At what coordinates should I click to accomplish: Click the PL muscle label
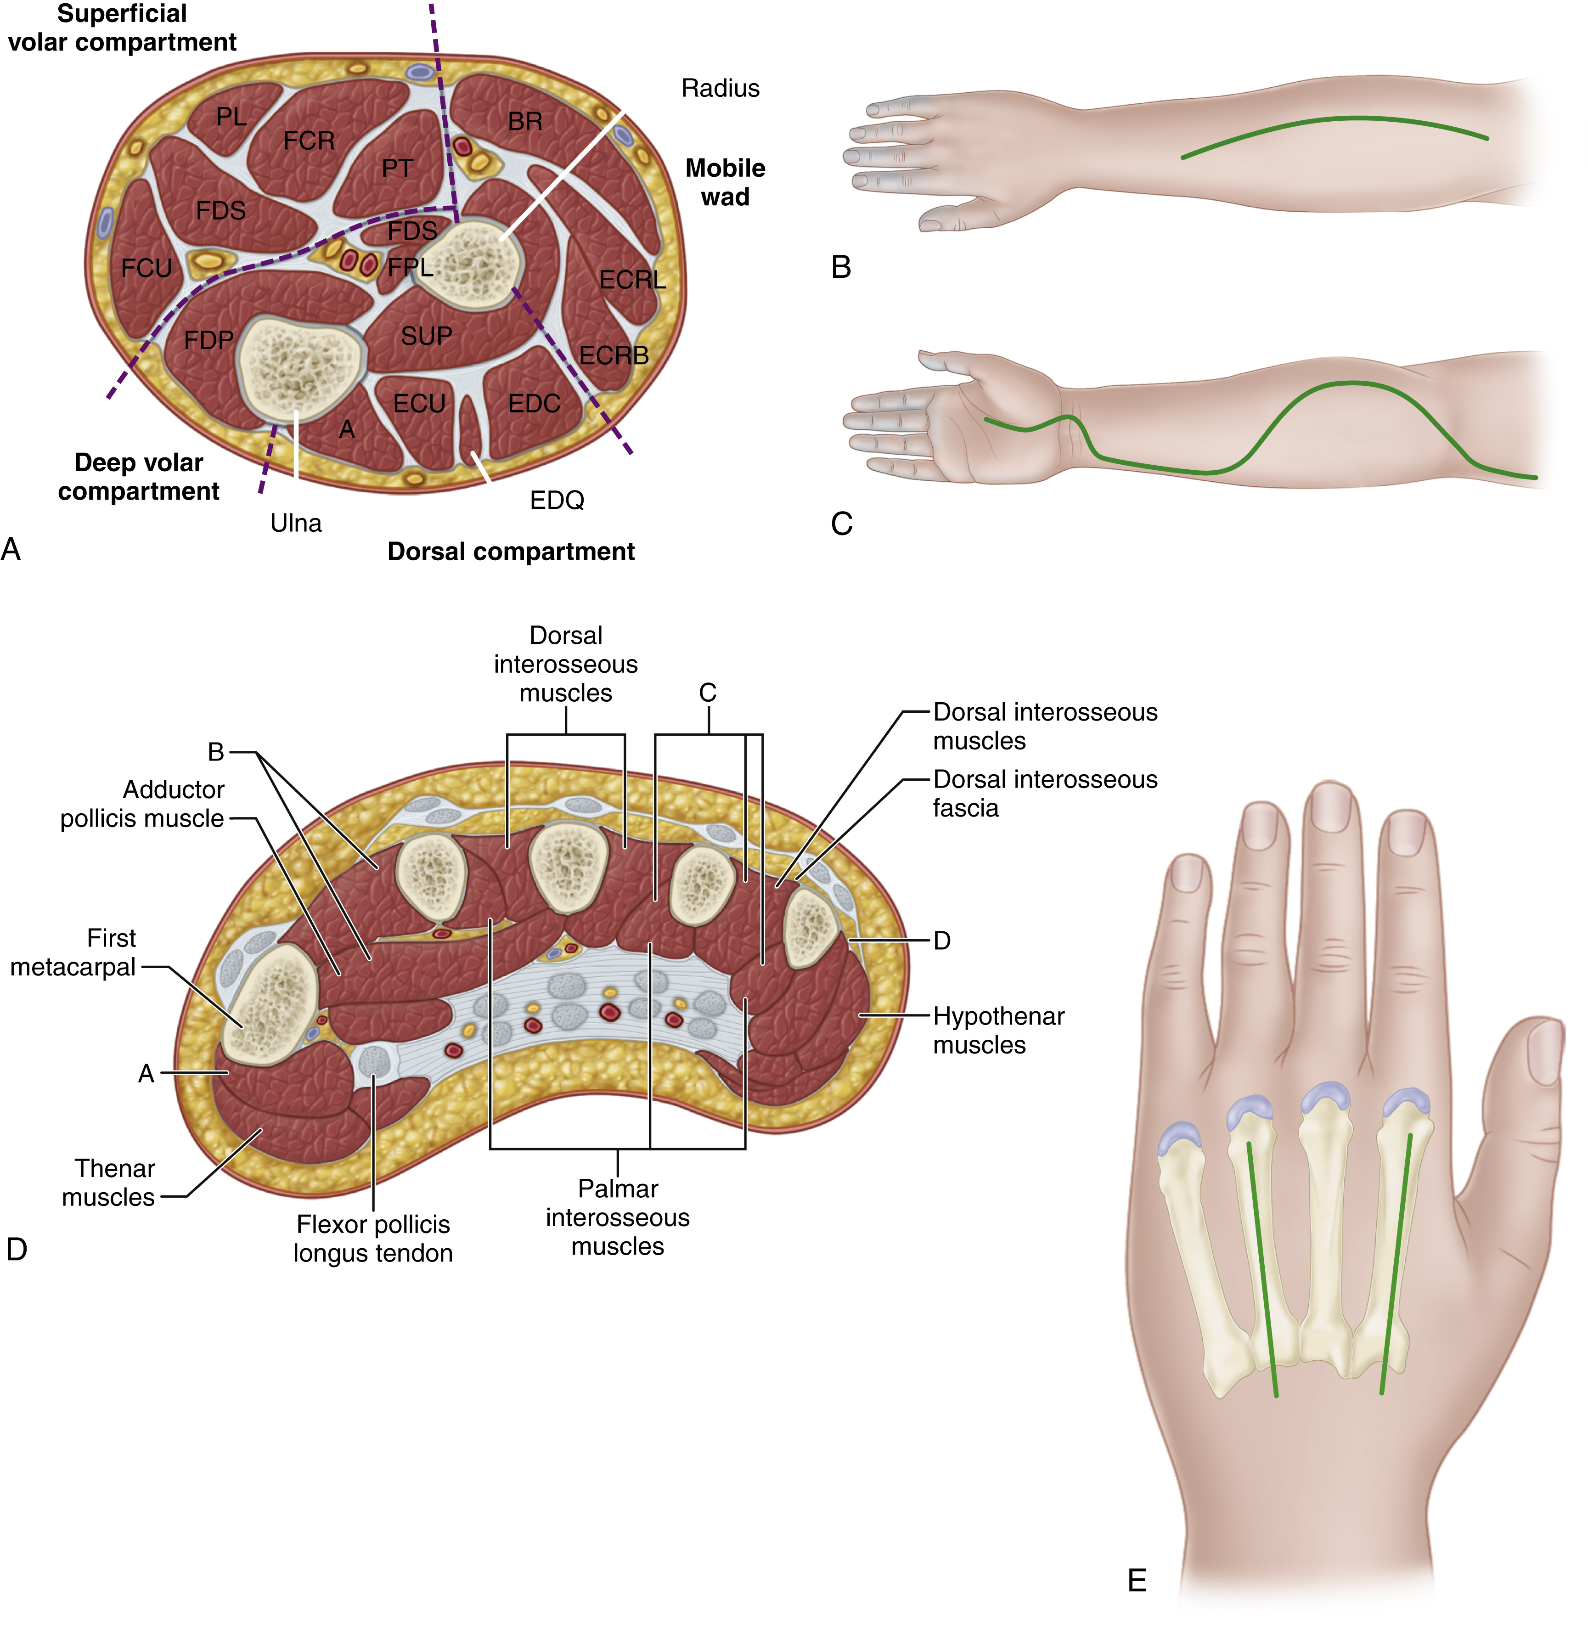pyautogui.click(x=231, y=117)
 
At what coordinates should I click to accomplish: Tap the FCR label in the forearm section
pyautogui.click(x=309, y=141)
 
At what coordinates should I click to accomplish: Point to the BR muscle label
pyautogui.click(x=524, y=122)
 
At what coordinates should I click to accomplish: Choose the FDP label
pyautogui.click(x=208, y=340)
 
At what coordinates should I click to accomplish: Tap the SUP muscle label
pyautogui.click(x=426, y=336)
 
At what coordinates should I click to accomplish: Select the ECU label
pyautogui.click(x=420, y=404)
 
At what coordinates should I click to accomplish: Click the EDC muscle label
pyautogui.click(x=534, y=404)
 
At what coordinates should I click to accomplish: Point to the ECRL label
pyautogui.click(x=633, y=280)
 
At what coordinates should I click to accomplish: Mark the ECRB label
pyautogui.click(x=614, y=356)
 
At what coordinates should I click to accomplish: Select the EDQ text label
pyautogui.click(x=557, y=501)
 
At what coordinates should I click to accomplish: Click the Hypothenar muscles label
pyautogui.click(x=998, y=1030)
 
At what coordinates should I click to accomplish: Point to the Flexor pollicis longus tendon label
pyautogui.click(x=373, y=1239)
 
